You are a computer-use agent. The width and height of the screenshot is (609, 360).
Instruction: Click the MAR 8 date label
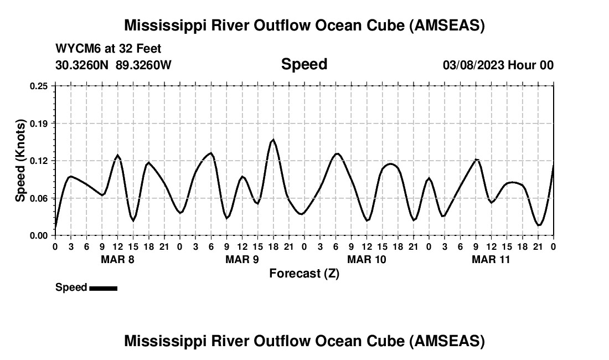point(117,259)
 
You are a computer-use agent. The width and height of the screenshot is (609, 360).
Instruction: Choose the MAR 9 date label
point(242,259)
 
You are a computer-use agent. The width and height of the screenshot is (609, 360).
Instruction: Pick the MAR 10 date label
point(367,259)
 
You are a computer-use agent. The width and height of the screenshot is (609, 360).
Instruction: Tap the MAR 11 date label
point(491,259)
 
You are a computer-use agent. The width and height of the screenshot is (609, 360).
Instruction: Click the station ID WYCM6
point(75,49)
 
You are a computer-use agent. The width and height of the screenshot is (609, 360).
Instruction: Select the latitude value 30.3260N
point(82,65)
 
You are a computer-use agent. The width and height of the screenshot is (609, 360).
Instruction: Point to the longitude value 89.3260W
point(143,65)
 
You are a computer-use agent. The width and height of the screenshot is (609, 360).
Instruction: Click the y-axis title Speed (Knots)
point(20,161)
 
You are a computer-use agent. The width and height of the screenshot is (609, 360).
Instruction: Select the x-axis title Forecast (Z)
point(304,274)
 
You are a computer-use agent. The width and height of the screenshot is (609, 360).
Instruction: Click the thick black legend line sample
point(103,288)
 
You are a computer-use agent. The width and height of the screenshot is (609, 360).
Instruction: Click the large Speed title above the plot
point(304,64)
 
